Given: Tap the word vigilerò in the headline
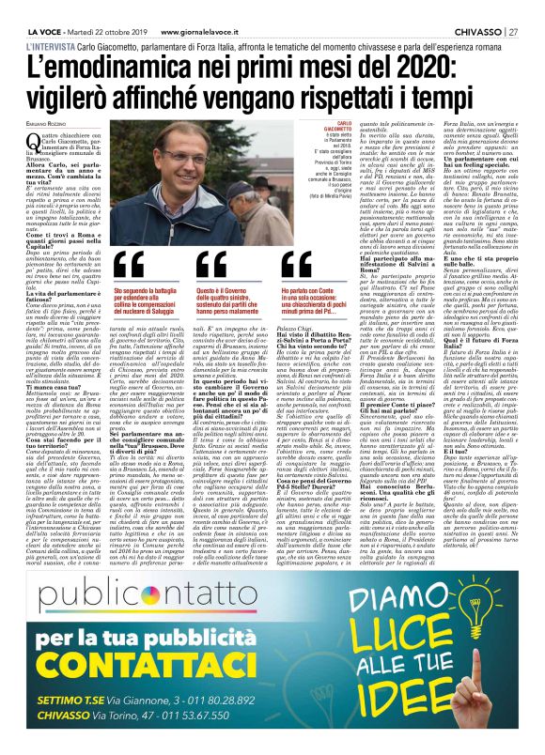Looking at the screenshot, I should coord(104,101).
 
